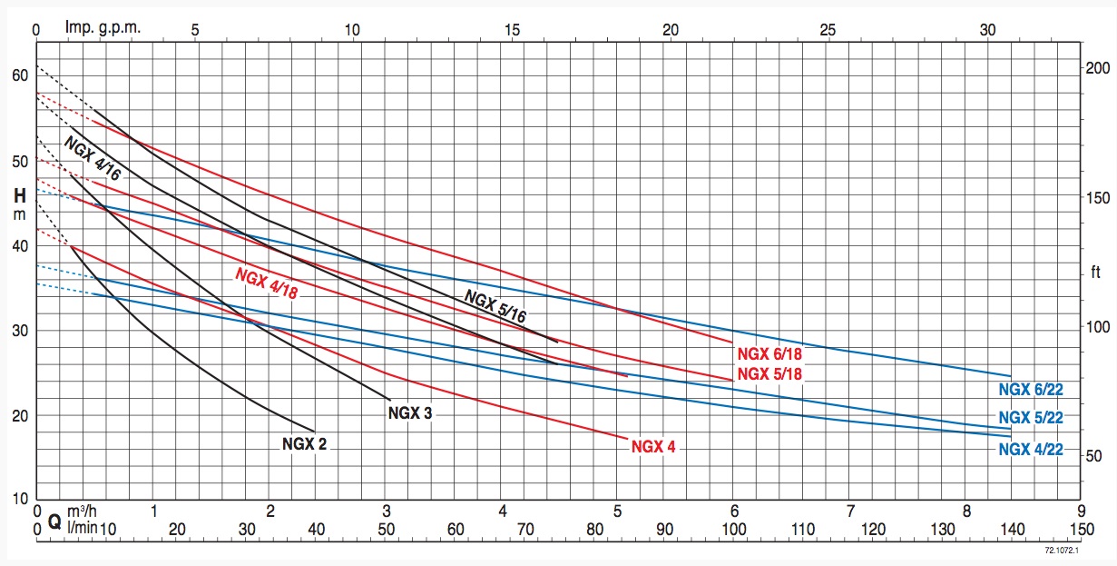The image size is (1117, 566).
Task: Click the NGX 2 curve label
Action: point(304,444)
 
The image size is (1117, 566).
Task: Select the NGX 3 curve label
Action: point(410,413)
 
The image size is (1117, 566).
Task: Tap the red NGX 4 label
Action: point(653,446)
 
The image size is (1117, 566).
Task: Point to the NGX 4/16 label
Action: point(92,159)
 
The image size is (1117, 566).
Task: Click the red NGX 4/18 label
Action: point(267,283)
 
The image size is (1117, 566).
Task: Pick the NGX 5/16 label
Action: point(495,305)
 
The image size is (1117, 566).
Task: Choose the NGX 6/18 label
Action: point(769,355)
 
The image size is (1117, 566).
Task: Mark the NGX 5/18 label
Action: point(769,373)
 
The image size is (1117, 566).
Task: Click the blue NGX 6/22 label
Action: point(1030,390)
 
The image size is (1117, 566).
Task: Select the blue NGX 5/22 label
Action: point(1030,418)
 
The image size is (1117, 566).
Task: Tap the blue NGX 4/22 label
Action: point(1030,449)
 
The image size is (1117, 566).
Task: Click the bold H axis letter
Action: point(19,195)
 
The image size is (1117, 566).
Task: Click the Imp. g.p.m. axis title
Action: point(103,27)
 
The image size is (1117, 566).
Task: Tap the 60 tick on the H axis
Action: point(19,75)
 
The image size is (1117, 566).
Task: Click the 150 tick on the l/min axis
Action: point(1080,530)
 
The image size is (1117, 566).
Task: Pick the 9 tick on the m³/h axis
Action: point(1080,511)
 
